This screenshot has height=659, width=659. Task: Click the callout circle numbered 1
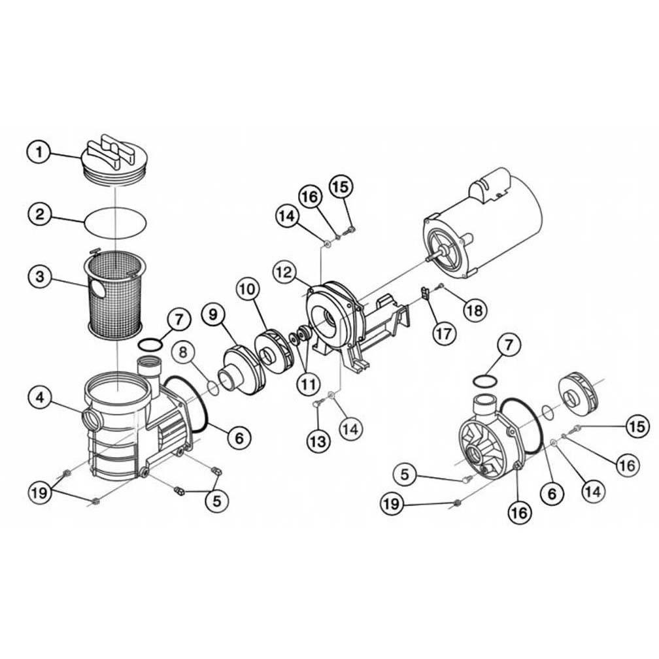coord(39,152)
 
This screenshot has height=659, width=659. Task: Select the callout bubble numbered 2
coord(39,214)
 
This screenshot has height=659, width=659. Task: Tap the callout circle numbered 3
coord(39,277)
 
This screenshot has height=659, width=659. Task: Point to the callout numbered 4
coord(39,397)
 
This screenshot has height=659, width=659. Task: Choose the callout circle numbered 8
coord(184,352)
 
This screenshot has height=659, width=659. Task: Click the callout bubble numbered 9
coord(214,314)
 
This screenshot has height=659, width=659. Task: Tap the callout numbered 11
coord(308,383)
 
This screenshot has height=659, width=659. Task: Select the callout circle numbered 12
coord(284,272)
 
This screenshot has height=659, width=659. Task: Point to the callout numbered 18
coord(475,310)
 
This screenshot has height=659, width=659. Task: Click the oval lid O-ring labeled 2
coord(116,223)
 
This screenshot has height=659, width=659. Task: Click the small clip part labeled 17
coord(425,292)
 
